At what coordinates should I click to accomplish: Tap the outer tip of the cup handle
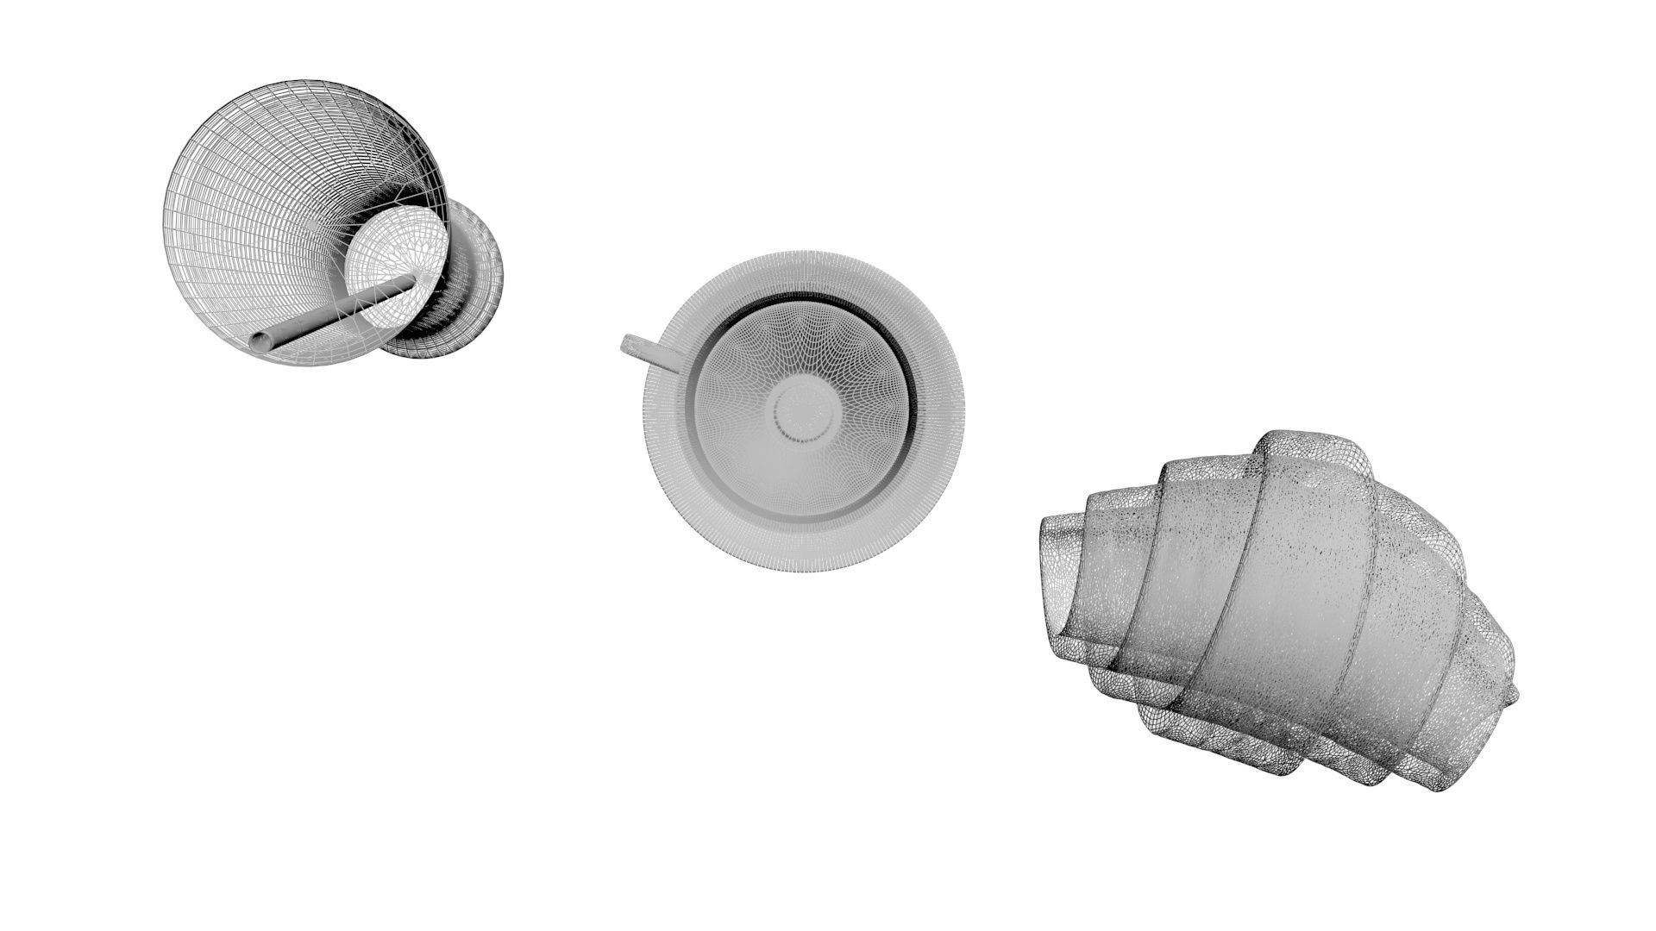(x=628, y=344)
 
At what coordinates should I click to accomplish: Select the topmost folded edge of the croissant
(x=1311, y=448)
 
